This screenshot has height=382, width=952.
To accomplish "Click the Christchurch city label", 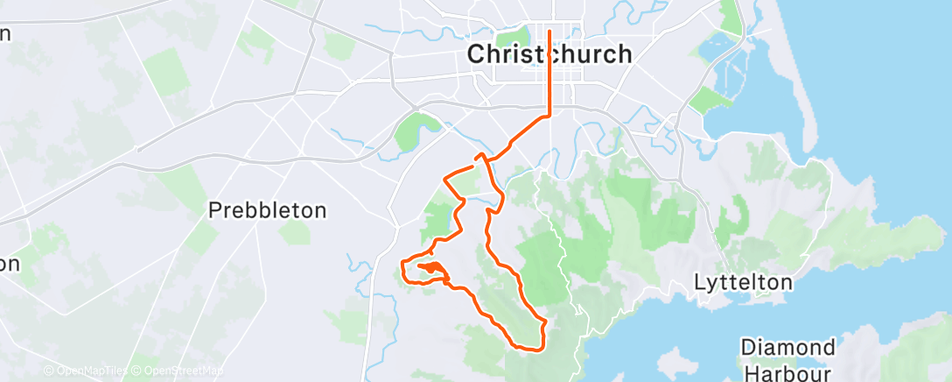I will (549, 53).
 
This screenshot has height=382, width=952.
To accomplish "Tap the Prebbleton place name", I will (267, 210).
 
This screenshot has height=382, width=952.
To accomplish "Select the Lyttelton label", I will (743, 283).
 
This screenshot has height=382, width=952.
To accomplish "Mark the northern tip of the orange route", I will (549, 32).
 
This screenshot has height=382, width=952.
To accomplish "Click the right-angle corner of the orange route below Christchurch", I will (549, 114).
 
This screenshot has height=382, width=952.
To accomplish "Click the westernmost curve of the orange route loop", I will (402, 267).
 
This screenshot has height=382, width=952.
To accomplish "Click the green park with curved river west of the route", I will (411, 131).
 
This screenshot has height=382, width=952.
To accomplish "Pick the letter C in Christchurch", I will (477, 53).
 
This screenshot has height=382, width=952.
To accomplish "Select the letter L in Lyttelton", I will (698, 283).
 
